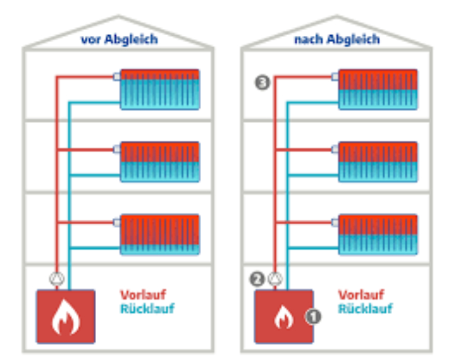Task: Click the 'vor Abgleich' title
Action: tap(119, 40)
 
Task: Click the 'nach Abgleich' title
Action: tap(337, 40)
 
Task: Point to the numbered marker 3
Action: tap(263, 82)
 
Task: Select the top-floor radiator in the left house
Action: tap(160, 89)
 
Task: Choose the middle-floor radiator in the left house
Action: tap(160, 161)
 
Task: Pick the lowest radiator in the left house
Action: tap(160, 234)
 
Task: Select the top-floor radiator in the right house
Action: tap(378, 89)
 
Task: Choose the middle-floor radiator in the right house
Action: tap(378, 161)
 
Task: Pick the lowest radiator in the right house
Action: tap(378, 234)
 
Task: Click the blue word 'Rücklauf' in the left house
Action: tap(147, 309)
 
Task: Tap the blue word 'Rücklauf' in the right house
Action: tap(365, 309)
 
